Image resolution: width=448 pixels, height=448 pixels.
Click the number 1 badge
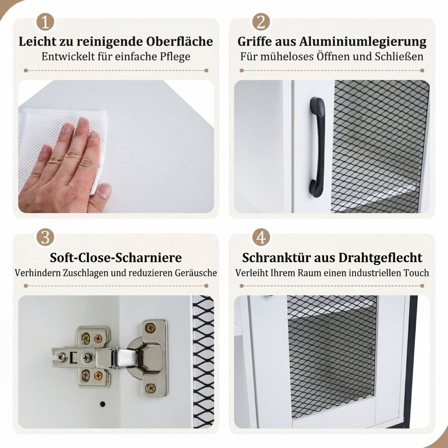(x=45, y=22)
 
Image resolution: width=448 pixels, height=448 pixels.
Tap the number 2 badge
(x=261, y=22)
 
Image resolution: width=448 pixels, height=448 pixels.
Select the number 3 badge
(x=45, y=238)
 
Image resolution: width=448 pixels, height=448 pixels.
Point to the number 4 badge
(x=261, y=238)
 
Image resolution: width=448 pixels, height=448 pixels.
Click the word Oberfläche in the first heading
(x=180, y=41)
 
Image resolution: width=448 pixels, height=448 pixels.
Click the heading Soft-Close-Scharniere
(x=116, y=257)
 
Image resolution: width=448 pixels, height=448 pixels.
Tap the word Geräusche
(x=196, y=273)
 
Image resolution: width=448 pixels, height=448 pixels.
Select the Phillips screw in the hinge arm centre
(x=87, y=363)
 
